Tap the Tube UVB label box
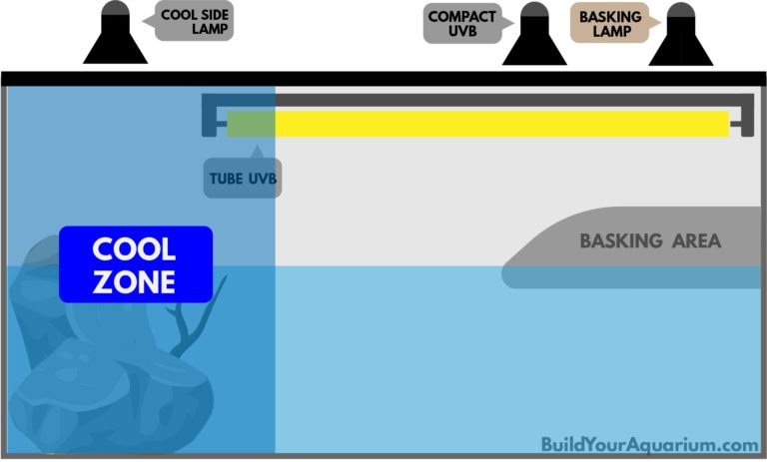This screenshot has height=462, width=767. click(242, 180)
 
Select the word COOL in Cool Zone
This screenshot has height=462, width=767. click(135, 248)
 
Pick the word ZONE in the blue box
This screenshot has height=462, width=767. click(135, 281)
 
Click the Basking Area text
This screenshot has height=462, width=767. click(650, 241)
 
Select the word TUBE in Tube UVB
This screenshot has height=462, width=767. click(225, 181)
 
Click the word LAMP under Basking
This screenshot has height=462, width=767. click(607, 32)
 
